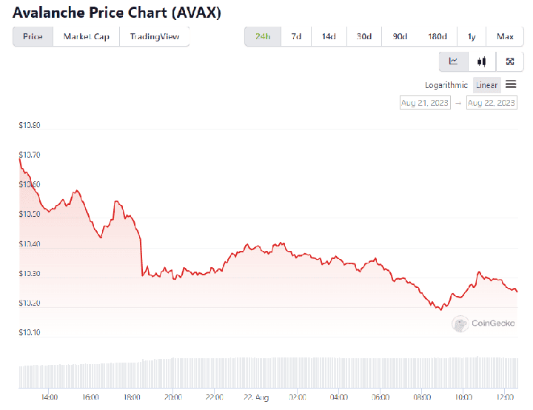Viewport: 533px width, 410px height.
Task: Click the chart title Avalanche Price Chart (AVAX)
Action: click(116, 13)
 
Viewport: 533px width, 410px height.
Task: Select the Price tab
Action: click(33, 36)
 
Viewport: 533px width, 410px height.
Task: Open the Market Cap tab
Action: click(86, 36)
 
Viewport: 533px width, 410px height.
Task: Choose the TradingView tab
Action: click(155, 36)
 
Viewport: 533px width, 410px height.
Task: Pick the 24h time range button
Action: click(263, 36)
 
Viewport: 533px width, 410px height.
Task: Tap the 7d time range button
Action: click(296, 36)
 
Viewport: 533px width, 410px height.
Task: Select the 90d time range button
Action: click(400, 36)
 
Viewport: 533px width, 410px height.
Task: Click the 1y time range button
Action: click(472, 36)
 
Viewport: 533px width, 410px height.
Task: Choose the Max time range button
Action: click(505, 36)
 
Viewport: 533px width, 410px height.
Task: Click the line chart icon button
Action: click(454, 61)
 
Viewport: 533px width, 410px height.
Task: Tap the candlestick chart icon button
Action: click(482, 61)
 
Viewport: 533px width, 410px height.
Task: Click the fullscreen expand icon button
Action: click(510, 61)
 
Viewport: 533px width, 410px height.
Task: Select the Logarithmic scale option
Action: click(446, 85)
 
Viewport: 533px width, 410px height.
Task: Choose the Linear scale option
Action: click(486, 85)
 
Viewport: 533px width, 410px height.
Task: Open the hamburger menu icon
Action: click(511, 85)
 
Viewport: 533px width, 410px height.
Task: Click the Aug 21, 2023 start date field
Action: click(425, 103)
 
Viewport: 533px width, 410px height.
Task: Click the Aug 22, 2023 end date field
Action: click(492, 103)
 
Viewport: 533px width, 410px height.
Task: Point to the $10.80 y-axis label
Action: click(30, 126)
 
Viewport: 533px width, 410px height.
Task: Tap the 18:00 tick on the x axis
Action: click(132, 397)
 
